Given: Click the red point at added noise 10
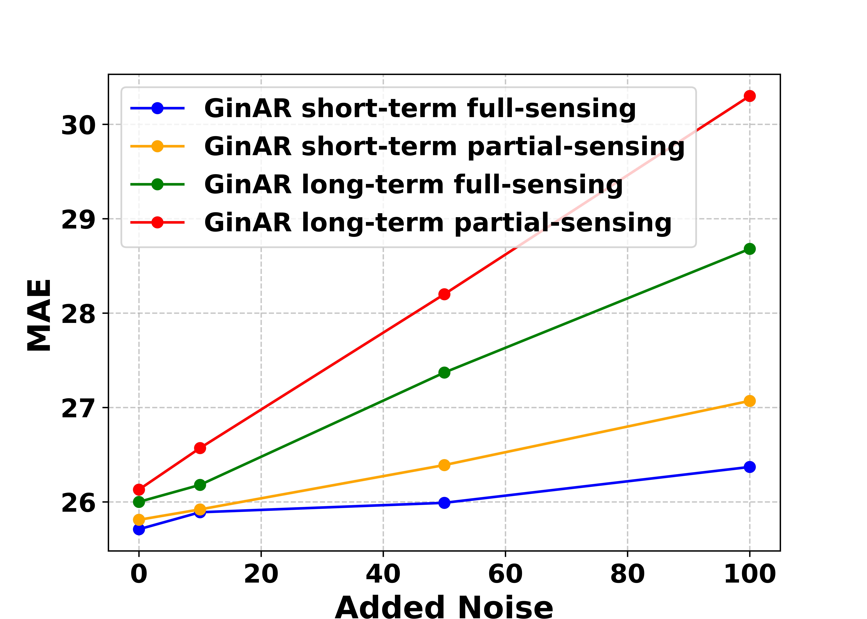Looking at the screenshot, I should coord(200,448).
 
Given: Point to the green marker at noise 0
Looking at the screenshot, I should coord(139,502).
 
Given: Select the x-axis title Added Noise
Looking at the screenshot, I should coord(444,607).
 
